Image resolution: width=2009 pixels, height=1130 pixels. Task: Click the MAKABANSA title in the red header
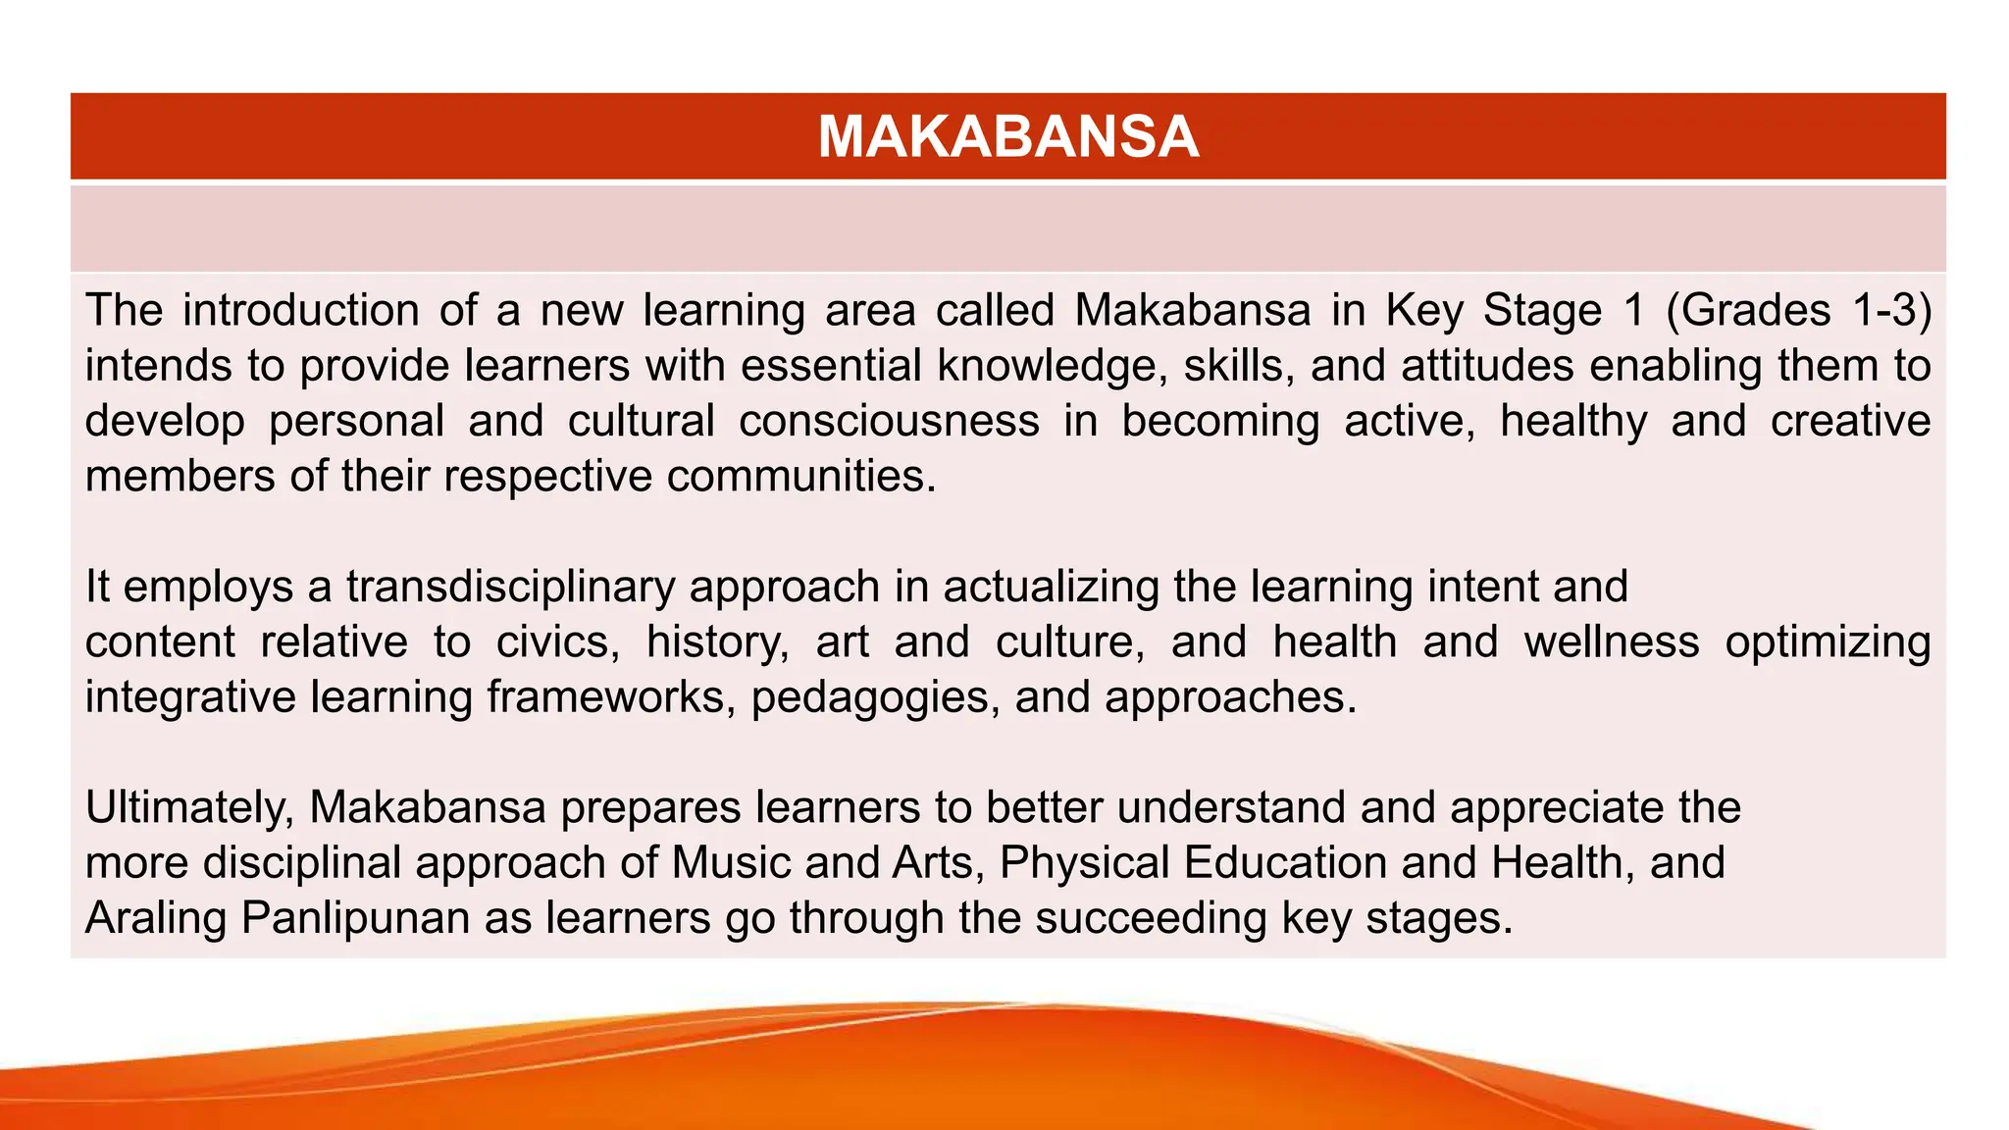pyautogui.click(x=1007, y=136)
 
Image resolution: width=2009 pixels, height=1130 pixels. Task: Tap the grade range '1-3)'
pyautogui.click(x=1889, y=310)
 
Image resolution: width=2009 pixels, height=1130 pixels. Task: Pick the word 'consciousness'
pyautogui.click(x=889, y=421)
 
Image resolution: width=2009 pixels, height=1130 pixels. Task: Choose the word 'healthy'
pyautogui.click(x=1573, y=421)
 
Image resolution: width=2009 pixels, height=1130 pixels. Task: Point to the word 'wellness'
pyautogui.click(x=1612, y=642)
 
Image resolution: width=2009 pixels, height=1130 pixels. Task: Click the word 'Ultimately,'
pyautogui.click(x=190, y=808)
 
